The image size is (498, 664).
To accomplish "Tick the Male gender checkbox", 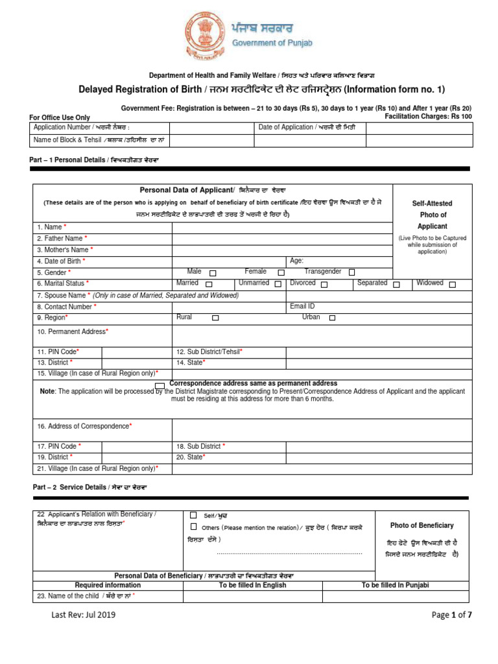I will tap(213, 273).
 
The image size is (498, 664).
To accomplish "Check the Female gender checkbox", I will tap(281, 273).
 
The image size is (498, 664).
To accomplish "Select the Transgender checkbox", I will tap(351, 272).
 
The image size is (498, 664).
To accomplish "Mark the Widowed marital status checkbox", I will tap(453, 284).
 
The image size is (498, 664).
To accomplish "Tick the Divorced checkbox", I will tap(324, 284).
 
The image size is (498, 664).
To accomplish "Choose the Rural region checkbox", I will tap(215, 318).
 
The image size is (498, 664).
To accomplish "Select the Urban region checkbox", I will tap(332, 318).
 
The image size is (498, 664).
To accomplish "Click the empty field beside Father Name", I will tap(282, 239).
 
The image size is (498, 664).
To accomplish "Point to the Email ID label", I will tap(302, 305).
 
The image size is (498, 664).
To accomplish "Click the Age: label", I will tap(297, 261).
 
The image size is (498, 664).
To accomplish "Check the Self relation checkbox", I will tap(193, 515).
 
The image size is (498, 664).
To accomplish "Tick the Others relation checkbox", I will tap(193, 527).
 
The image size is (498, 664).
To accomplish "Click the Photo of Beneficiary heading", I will tap(421, 525).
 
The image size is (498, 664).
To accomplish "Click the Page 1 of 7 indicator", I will tap(451, 615).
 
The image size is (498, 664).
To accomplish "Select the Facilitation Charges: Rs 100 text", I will tap(429, 116).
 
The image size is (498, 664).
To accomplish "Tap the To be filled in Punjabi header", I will tap(395, 585).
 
